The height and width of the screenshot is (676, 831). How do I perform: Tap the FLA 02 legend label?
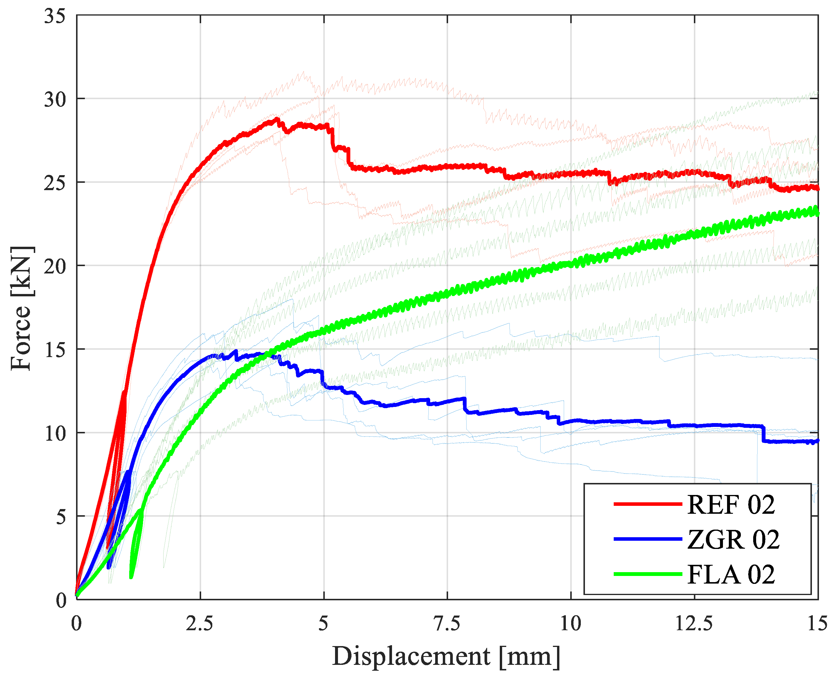click(731, 574)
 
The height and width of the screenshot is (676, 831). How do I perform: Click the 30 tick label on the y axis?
click(55, 100)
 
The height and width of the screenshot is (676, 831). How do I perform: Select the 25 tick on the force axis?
click(55, 183)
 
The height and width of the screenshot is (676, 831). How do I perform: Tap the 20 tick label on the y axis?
click(55, 266)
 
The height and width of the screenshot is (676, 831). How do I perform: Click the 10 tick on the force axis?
click(55, 433)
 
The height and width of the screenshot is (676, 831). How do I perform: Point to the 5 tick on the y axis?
click(60, 517)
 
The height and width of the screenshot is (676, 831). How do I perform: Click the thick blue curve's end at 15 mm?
click(817, 441)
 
